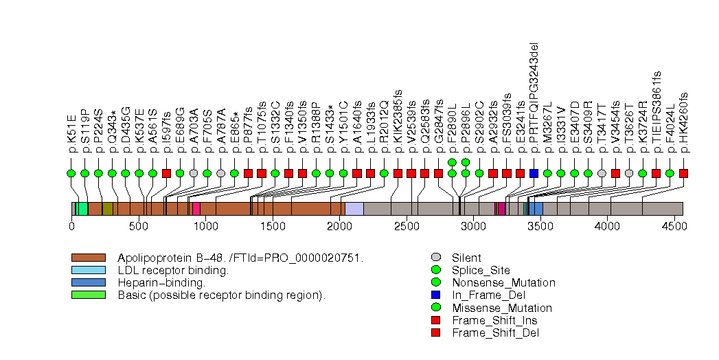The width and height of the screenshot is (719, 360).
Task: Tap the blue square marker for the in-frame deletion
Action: coord(534,173)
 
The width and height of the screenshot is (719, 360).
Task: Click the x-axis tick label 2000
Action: coord(339,225)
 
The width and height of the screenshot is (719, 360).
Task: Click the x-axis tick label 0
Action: coord(71,225)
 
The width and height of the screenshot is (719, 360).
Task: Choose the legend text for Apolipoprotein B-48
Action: coord(240,258)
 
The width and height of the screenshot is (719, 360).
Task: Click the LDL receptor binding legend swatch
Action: coord(88,270)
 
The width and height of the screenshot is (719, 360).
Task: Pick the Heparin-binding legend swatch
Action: coord(88,282)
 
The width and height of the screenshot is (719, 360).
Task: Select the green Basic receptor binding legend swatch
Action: coord(88,295)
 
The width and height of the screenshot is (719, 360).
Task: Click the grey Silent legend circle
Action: coord(435,258)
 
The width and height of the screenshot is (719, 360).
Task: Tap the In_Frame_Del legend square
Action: coord(435,295)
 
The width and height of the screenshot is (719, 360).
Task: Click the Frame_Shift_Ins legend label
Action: coord(494,320)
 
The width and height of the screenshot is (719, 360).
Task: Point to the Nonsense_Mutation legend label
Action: coord(503,282)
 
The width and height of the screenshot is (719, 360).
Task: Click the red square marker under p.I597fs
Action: coord(166,173)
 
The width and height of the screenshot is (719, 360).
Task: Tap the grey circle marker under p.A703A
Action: coord(194,173)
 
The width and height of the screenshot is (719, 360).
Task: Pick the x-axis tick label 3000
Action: coord(473,225)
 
